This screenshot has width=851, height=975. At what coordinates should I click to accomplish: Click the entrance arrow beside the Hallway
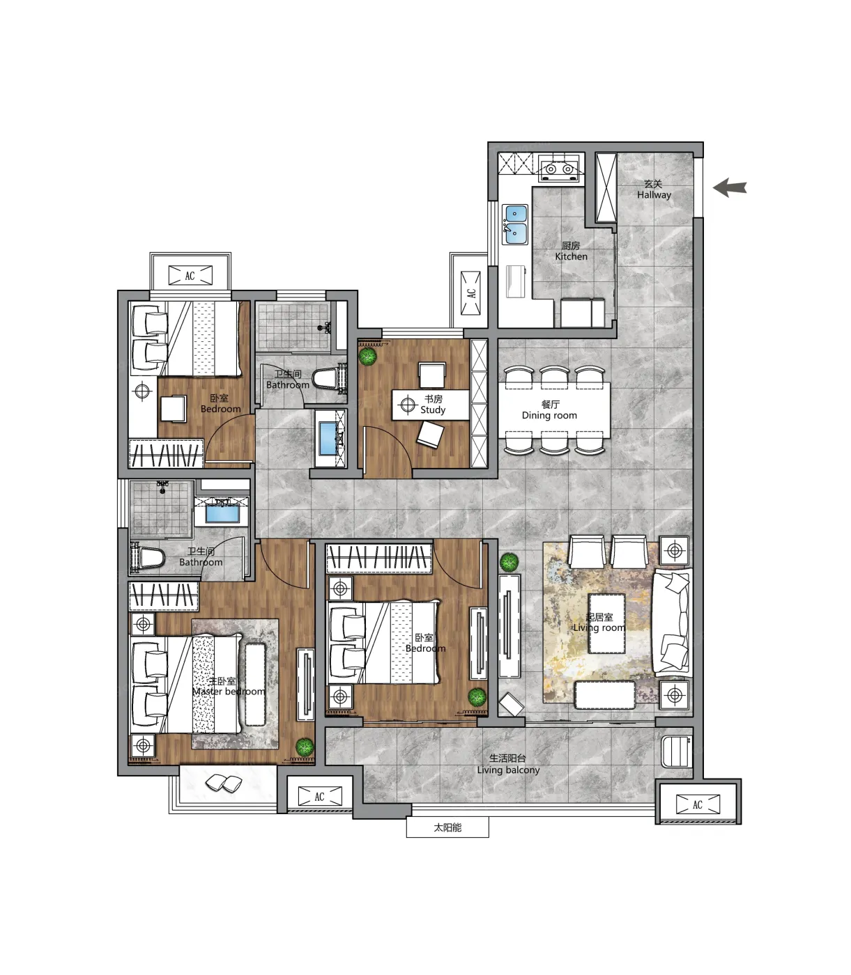click(730, 188)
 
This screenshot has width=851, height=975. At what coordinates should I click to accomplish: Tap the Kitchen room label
click(571, 251)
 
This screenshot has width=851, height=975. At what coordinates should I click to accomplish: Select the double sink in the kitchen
click(515, 224)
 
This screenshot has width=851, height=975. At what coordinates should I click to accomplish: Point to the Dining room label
click(549, 409)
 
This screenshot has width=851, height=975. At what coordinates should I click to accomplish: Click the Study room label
click(433, 404)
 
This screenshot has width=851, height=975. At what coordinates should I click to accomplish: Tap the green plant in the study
click(367, 357)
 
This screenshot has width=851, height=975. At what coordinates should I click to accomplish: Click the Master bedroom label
click(229, 686)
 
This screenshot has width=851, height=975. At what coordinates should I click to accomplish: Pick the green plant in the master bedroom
click(305, 747)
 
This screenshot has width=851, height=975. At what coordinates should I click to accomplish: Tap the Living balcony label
click(508, 764)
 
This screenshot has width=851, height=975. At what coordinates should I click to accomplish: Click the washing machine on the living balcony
click(676, 752)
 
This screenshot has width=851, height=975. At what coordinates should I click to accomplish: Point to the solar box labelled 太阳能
click(447, 827)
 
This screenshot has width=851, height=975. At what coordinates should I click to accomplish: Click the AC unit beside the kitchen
click(471, 293)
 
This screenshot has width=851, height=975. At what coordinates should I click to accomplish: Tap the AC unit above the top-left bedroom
click(190, 276)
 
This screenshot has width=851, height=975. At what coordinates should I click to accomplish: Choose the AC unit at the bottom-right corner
click(698, 804)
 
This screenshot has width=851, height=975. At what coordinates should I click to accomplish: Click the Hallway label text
click(654, 189)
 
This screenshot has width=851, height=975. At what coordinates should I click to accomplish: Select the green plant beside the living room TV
click(509, 562)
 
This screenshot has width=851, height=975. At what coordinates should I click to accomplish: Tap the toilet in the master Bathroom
click(147, 556)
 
